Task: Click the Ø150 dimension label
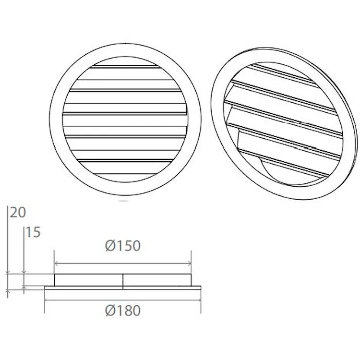pos(122,246)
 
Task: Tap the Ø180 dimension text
pos(122,311)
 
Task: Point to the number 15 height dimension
pos(33,233)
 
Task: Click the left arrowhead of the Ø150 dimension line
pos(56,263)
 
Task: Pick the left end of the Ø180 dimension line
pos(45,300)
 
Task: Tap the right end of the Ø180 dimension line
pos(200,300)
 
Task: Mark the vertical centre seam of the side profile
pos(122,281)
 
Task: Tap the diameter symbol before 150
pos(109,246)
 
